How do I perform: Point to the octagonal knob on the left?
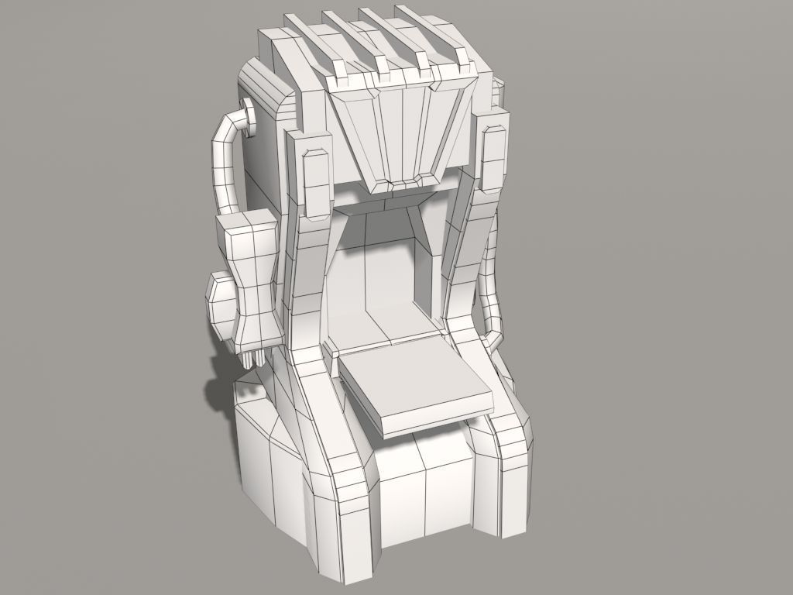(x=221, y=306)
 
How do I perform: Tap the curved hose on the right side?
(x=493, y=294)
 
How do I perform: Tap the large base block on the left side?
(x=267, y=473)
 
